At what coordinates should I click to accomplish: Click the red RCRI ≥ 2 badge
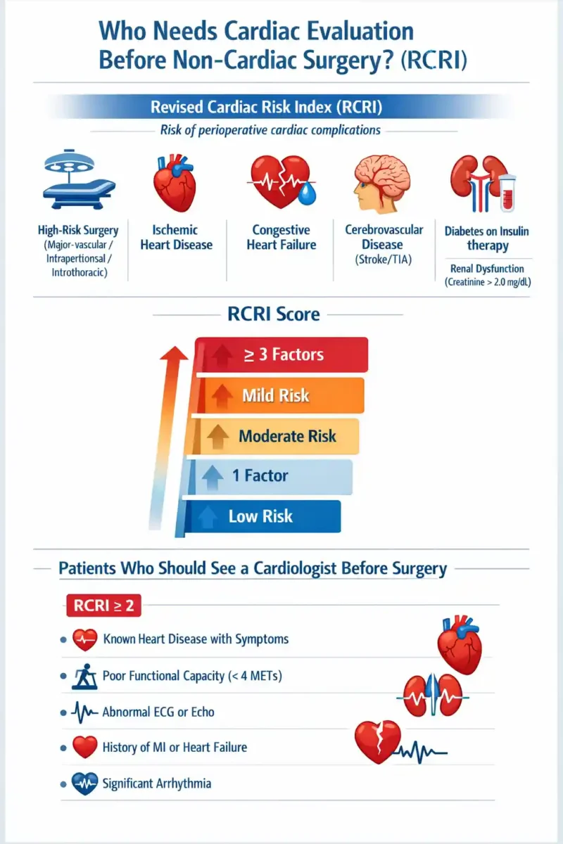coord(103,605)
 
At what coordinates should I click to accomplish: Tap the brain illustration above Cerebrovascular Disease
coord(382,184)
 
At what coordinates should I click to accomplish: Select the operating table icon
coord(78,179)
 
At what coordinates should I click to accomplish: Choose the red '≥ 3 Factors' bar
coord(282,354)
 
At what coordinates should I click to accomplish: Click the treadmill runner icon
coord(85,677)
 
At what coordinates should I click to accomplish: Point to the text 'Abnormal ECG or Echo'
coord(158,712)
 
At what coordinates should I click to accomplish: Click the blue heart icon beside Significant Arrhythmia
coord(85,784)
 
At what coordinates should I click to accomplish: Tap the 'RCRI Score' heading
coord(274,314)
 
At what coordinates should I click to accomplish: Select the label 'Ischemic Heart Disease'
coord(177,238)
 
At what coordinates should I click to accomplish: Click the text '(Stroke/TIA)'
coord(384,260)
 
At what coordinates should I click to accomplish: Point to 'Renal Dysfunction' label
coord(487,269)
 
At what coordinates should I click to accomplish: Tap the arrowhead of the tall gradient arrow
coord(174,353)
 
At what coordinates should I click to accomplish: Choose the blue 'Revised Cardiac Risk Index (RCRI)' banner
coord(266,107)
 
